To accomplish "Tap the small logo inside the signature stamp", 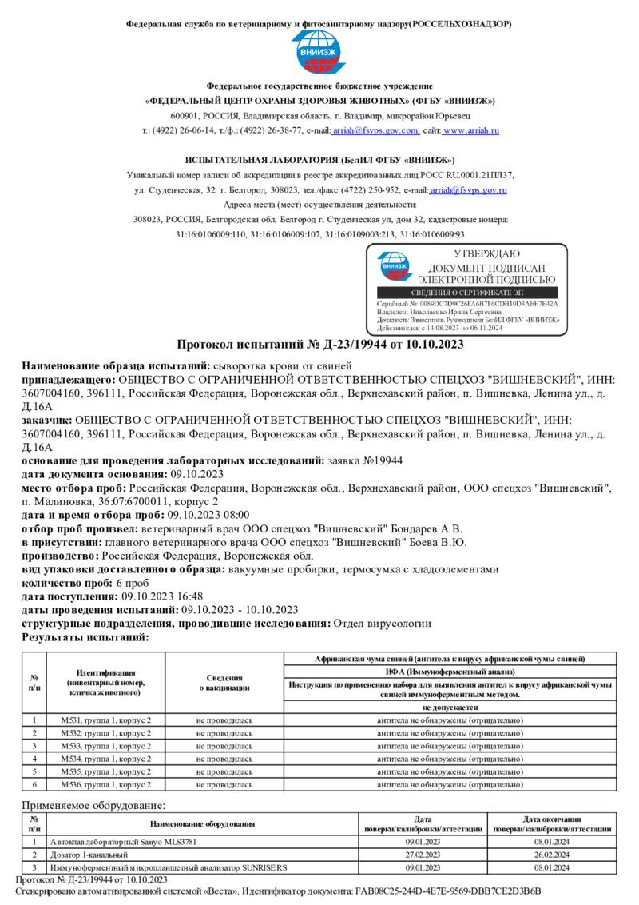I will pyautogui.click(x=393, y=267).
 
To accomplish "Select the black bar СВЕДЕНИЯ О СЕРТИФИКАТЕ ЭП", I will pyautogui.click(x=467, y=293).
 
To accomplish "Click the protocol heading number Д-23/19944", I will pyautogui.click(x=359, y=345).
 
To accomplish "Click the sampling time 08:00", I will pyautogui.click(x=235, y=515).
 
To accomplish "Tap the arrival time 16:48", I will pyautogui.click(x=187, y=596).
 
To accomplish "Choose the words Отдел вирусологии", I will pyautogui.click(x=382, y=624).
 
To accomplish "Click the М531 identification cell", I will pyautogui.click(x=105, y=720).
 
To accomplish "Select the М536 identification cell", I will pyautogui.click(x=105, y=784).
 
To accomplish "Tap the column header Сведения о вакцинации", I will pyautogui.click(x=224, y=682).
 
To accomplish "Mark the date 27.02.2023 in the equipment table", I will pyautogui.click(x=423, y=855).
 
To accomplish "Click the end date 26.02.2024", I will pyautogui.click(x=551, y=855).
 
